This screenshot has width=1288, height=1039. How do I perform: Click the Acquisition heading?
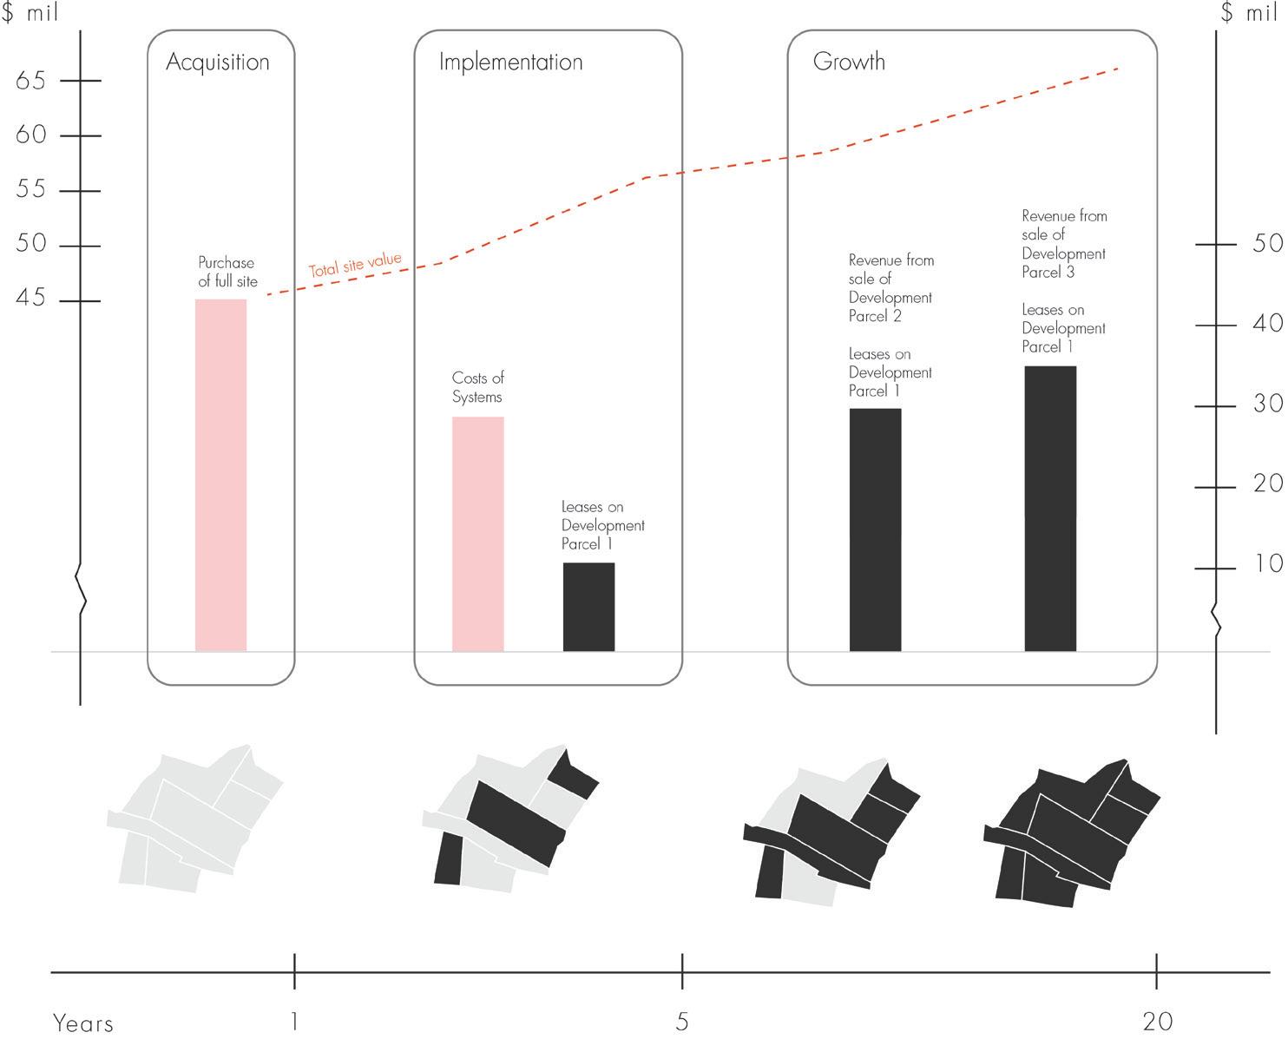(218, 62)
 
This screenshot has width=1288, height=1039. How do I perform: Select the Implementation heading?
(510, 62)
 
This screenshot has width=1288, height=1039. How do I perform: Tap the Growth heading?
(849, 62)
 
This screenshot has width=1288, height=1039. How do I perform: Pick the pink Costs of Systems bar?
(477, 534)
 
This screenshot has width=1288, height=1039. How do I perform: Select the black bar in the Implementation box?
(588, 607)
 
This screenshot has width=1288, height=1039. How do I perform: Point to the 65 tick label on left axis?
(30, 81)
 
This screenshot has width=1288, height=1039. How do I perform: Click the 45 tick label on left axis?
(30, 299)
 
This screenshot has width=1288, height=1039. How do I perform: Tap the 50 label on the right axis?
(1268, 243)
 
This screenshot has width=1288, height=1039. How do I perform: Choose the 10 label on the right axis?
(1268, 564)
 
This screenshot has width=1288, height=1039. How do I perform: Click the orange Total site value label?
(356, 265)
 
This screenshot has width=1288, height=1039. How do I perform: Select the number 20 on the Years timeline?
(1158, 1022)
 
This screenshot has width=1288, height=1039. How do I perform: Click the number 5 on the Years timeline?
(682, 1022)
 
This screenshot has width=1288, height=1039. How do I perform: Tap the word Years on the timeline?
(83, 1023)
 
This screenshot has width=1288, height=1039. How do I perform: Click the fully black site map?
(1072, 833)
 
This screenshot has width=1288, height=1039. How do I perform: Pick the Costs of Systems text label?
(477, 387)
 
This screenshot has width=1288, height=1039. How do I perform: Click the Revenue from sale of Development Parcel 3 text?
(1064, 244)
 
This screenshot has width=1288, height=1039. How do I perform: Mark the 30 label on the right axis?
(1268, 404)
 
